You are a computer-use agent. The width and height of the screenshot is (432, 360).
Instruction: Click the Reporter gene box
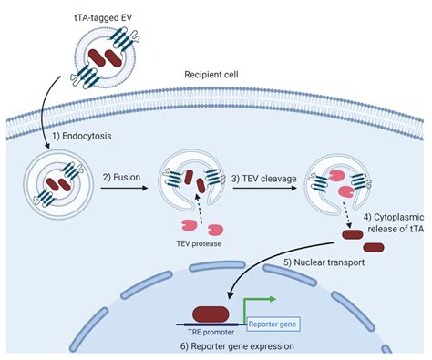tap(270, 323)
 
